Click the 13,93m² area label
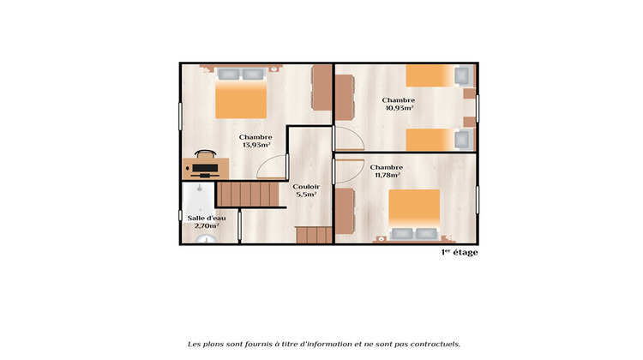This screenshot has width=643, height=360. click(255, 145)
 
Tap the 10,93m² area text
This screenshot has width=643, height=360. click(399, 109)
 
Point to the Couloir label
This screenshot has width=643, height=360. click(305, 186)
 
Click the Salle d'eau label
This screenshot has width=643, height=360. click(207, 218)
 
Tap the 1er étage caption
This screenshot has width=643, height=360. click(460, 253)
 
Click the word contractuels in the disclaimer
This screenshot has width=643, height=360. click(431, 343)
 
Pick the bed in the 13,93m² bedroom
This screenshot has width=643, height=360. click(241, 93)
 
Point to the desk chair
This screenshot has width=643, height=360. click(205, 153)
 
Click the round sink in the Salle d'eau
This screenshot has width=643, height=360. click(204, 239)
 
